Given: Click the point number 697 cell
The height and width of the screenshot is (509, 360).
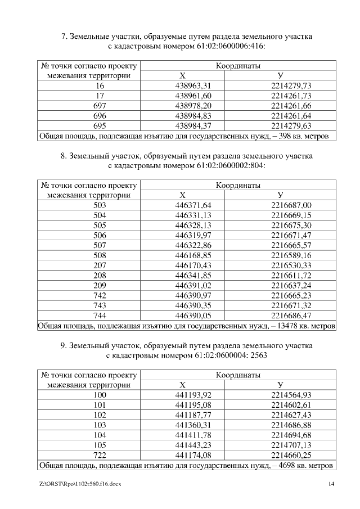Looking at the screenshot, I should click(100, 106).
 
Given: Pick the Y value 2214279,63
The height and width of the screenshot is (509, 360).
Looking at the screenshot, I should click(291, 126).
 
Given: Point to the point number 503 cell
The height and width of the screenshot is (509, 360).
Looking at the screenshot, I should click(100, 205).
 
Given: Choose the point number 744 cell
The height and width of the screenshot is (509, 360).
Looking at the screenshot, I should click(100, 317).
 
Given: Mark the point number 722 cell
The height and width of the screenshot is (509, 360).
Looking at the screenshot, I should click(100, 456).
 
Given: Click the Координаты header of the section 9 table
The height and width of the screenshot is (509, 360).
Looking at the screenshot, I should click(238, 375).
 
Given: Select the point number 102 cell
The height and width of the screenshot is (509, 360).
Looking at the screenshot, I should click(100, 416).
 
